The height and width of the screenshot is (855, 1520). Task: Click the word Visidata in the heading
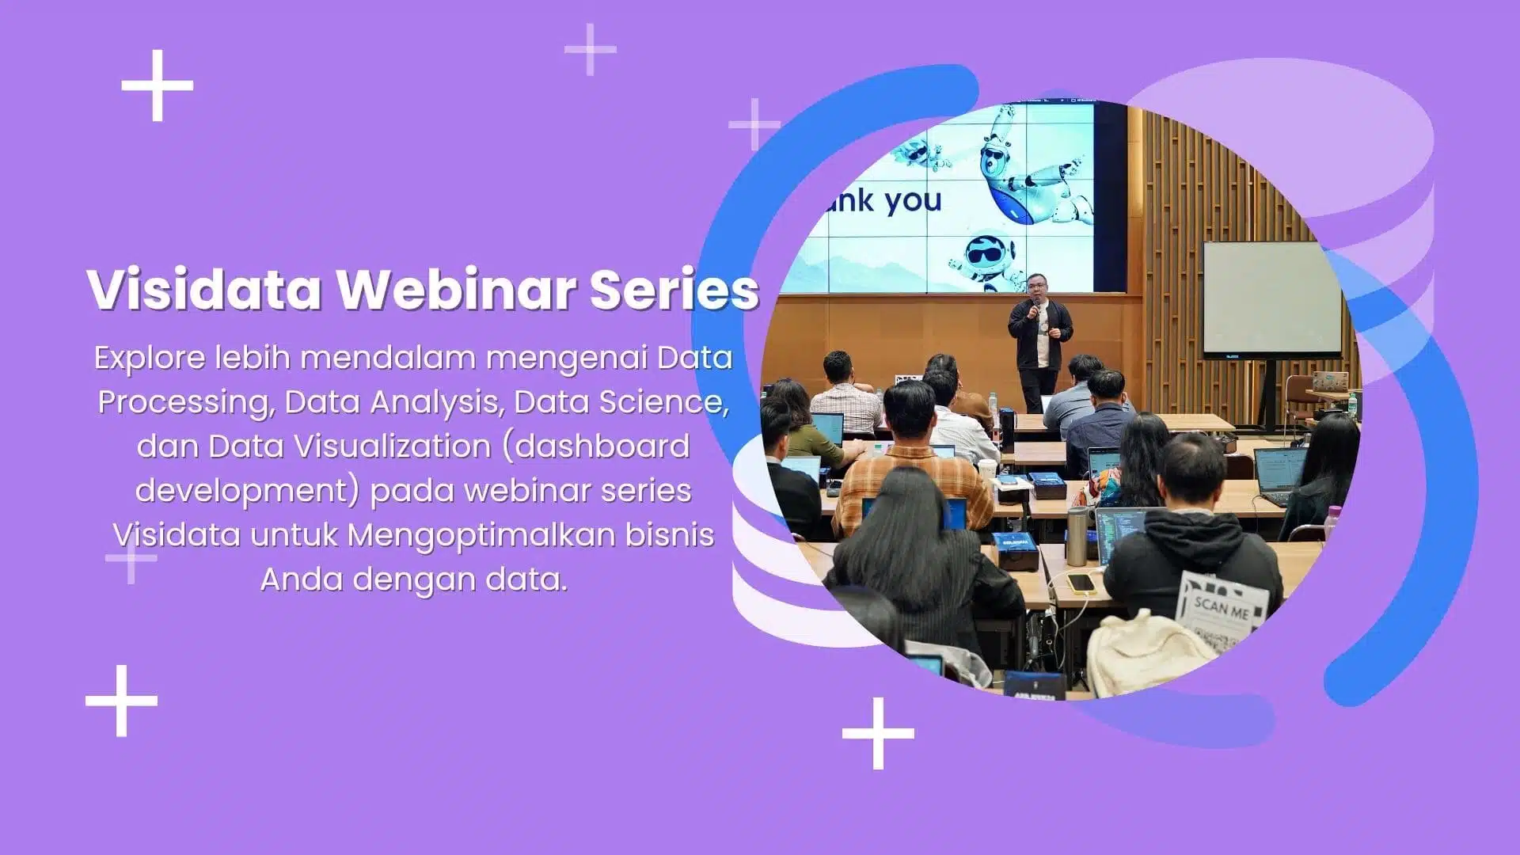click(204, 289)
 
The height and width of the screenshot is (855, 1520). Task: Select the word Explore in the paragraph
click(150, 359)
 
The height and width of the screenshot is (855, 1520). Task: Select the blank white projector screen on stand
click(1271, 300)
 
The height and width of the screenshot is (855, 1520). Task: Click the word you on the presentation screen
click(914, 201)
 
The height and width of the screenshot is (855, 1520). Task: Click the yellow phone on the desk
click(1081, 583)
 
